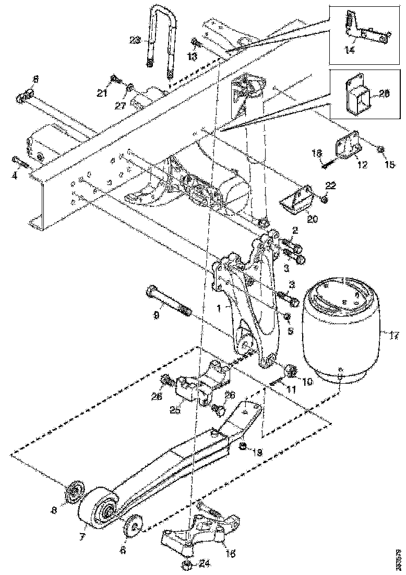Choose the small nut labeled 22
pos(324,199)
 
